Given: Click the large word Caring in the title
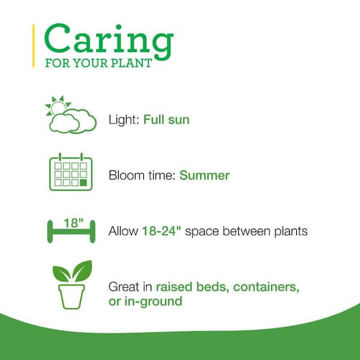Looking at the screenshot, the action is [x=109, y=41].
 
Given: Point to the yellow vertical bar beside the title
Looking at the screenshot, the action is [x=34, y=46].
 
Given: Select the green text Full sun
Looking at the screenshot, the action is [x=166, y=119].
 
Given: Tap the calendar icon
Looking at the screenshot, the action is [x=71, y=172].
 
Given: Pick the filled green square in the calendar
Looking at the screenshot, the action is [x=83, y=183].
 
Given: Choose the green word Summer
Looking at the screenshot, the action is [x=205, y=175].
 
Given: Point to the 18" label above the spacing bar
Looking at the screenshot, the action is [x=73, y=223].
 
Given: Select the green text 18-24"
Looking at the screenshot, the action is [x=161, y=231].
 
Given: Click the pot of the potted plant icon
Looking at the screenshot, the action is [x=71, y=296].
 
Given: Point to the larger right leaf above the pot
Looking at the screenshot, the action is [x=82, y=271].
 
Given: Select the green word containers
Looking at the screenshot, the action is [x=266, y=287].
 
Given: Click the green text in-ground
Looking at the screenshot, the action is [x=154, y=301].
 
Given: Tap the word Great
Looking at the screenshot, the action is [x=124, y=287].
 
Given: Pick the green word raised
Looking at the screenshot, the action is [x=174, y=287].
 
